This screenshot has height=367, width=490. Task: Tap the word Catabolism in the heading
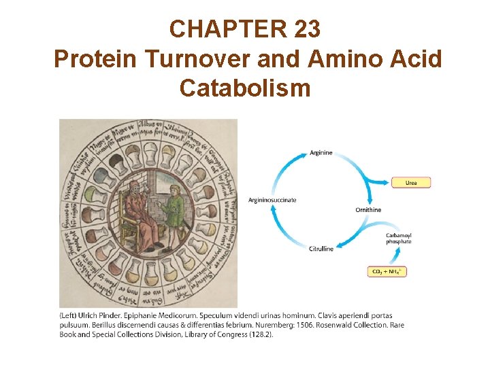click(x=245, y=88)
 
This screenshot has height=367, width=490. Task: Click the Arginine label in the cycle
click(x=321, y=153)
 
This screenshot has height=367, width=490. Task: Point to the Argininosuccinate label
click(x=272, y=200)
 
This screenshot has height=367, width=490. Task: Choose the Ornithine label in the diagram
click(x=368, y=209)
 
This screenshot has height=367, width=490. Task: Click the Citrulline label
click(x=321, y=249)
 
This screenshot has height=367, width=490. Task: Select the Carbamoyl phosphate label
click(x=399, y=239)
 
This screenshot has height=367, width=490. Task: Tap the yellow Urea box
click(x=411, y=183)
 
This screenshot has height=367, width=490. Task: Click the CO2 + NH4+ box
click(x=387, y=271)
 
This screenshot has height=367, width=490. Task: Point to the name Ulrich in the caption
click(x=95, y=315)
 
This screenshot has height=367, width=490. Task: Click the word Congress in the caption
click(x=229, y=334)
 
